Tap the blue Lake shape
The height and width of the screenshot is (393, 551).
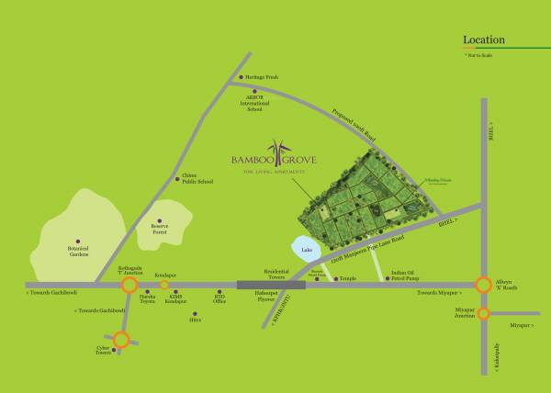pyautogui.click(x=306, y=248)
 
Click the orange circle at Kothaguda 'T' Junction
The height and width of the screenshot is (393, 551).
pyautogui.click(x=129, y=285)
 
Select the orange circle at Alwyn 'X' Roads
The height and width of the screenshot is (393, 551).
pyautogui.click(x=483, y=285)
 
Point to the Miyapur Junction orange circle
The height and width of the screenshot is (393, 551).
pyautogui.click(x=483, y=313)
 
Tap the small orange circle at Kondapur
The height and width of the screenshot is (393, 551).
pyautogui.click(x=164, y=285)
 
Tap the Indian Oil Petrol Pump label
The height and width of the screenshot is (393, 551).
pyautogui.click(x=405, y=275)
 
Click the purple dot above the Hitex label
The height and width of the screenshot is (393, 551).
pyautogui.click(x=194, y=309)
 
